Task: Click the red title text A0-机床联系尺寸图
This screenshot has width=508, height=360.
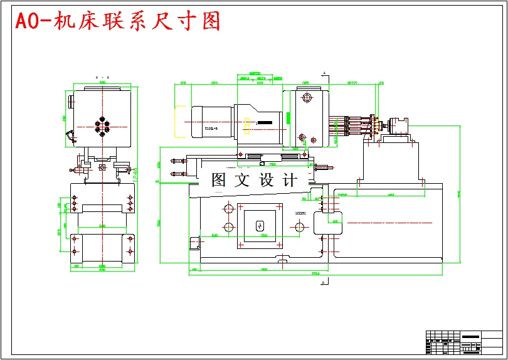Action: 118,21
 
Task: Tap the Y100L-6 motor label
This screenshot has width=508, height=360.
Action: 211,129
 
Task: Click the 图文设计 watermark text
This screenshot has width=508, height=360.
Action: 254,181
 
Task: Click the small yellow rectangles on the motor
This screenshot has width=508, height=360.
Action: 248,126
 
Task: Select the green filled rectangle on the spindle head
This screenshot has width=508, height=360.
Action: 287,117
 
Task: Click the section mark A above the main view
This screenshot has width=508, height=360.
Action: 324,73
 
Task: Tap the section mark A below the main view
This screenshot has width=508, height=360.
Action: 324,283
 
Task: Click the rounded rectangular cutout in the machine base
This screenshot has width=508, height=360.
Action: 326,221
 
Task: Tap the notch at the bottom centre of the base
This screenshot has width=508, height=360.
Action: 283,260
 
